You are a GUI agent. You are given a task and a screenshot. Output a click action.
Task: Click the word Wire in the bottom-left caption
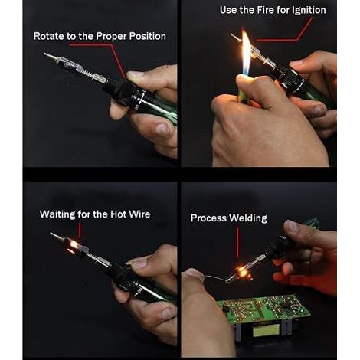(x=139, y=214)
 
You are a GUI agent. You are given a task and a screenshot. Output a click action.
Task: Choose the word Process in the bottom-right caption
(x=208, y=218)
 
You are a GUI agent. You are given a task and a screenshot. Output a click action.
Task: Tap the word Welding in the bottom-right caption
(x=248, y=218)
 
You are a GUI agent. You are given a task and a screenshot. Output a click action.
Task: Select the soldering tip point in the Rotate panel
(x=44, y=54)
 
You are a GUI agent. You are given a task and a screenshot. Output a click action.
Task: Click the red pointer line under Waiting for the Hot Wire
(x=80, y=231)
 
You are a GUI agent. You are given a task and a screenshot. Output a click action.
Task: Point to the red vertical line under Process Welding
(x=237, y=242)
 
